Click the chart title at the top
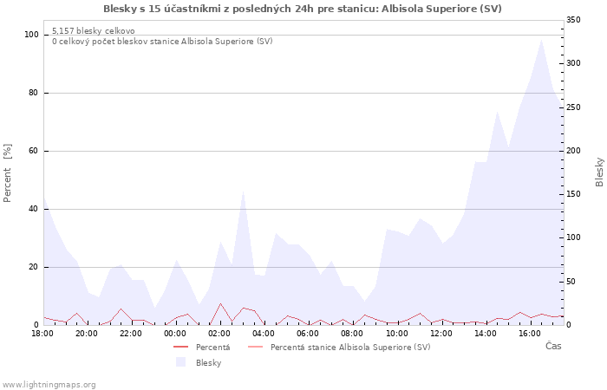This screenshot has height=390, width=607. click(302, 9)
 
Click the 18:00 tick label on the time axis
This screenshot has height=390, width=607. click(42, 333)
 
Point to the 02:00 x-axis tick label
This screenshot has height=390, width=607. click(219, 333)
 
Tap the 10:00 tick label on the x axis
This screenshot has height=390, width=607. click(396, 333)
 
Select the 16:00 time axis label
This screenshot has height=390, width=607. click(529, 333)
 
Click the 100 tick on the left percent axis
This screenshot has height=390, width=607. click(31, 35)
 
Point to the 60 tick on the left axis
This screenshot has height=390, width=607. click(34, 151)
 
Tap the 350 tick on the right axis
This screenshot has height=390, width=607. click(573, 20)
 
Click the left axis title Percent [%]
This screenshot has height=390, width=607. click(8, 172)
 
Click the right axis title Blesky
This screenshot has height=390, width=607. click(599, 172)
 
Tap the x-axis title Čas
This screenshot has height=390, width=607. click(552, 347)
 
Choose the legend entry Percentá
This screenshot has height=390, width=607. click(212, 348)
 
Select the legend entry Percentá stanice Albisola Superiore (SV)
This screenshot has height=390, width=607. click(350, 348)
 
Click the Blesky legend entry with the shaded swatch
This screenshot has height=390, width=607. click(208, 362)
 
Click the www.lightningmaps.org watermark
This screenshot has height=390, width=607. click(49, 384)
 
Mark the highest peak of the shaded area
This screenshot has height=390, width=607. click(541, 39)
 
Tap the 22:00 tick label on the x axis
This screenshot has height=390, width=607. click(131, 333)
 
